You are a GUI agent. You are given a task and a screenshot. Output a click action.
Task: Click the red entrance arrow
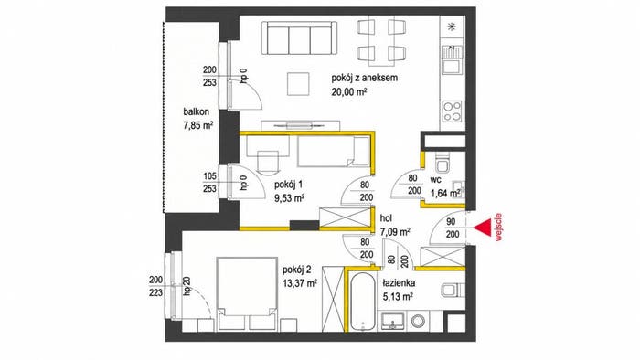[x=483, y=228]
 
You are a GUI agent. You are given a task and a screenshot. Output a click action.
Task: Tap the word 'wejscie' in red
[x=498, y=228]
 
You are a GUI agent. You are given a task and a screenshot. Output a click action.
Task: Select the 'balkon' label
[x=197, y=111]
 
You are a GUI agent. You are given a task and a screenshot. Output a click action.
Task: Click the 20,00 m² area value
[x=349, y=91]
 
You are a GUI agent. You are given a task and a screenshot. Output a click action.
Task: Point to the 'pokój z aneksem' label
[x=365, y=78]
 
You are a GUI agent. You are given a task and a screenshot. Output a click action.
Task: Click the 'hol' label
[x=386, y=218]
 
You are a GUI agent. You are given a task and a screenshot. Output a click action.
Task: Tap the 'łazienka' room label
[x=399, y=282]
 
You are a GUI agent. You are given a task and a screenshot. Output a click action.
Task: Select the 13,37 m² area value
[x=300, y=283]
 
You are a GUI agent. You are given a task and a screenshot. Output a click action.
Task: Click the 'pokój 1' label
[x=288, y=185]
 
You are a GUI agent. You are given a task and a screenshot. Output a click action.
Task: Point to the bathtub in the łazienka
[x=362, y=301]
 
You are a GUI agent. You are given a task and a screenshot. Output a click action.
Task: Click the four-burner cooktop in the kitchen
[x=453, y=111]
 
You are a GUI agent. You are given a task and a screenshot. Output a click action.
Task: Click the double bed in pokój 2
[x=247, y=293]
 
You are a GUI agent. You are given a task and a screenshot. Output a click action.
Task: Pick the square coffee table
[x=298, y=83]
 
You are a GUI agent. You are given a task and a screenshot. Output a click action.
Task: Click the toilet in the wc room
[x=442, y=164]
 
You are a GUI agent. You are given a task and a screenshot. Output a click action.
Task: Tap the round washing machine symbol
[x=418, y=322]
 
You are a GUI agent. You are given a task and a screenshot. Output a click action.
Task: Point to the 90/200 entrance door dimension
[x=453, y=228]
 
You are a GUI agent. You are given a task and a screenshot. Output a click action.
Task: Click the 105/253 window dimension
[x=209, y=183]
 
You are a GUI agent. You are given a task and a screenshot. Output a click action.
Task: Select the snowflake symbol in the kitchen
[x=452, y=27]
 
